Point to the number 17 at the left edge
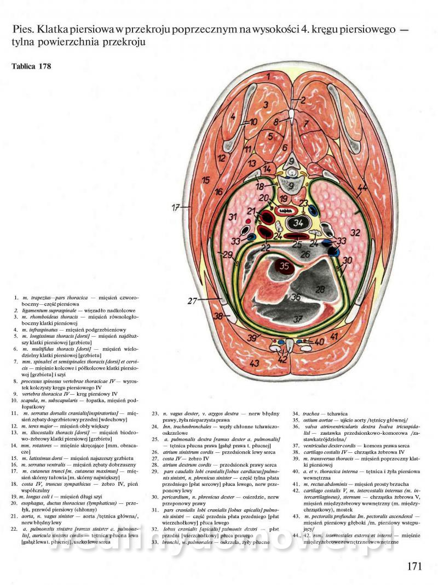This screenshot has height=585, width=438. pos(175,208)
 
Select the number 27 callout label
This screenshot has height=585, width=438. pos(192,300)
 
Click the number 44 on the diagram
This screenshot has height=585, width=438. pos(362,188)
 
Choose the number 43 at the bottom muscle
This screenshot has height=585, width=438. pos(254,363)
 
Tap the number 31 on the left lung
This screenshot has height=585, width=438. pos(232,217)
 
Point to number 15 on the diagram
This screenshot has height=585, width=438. pos(205,180)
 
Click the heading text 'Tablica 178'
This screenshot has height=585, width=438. pos(31,67)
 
